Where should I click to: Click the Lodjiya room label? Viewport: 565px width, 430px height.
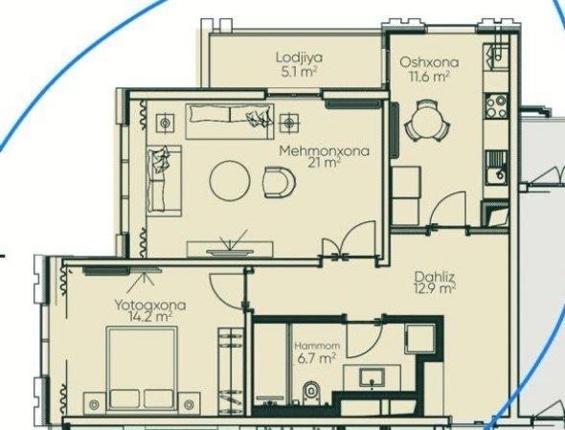tap(299, 57)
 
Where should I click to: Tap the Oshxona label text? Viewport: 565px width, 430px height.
tap(429, 62)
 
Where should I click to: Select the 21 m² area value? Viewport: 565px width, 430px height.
tap(325, 163)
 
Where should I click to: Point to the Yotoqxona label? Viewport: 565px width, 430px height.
tap(150, 305)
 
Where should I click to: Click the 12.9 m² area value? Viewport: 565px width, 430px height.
tap(435, 288)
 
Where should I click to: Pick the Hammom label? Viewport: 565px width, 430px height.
tap(317, 346)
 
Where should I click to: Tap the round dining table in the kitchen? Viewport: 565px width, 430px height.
tap(427, 120)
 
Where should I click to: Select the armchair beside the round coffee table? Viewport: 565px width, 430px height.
tap(280, 182)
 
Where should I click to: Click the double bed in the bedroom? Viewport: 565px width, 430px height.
tap(142, 369)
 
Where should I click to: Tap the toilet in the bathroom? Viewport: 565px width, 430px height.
tap(311, 392)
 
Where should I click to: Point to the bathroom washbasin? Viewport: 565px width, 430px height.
tap(372, 376)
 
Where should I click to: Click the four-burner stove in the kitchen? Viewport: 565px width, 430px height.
tap(496, 106)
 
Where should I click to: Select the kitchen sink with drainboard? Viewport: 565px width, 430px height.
tap(496, 168)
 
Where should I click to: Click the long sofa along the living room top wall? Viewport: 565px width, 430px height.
tap(230, 121)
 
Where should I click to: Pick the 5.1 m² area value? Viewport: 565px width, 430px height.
tap(299, 72)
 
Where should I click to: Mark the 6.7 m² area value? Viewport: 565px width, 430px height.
tap(317, 358)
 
